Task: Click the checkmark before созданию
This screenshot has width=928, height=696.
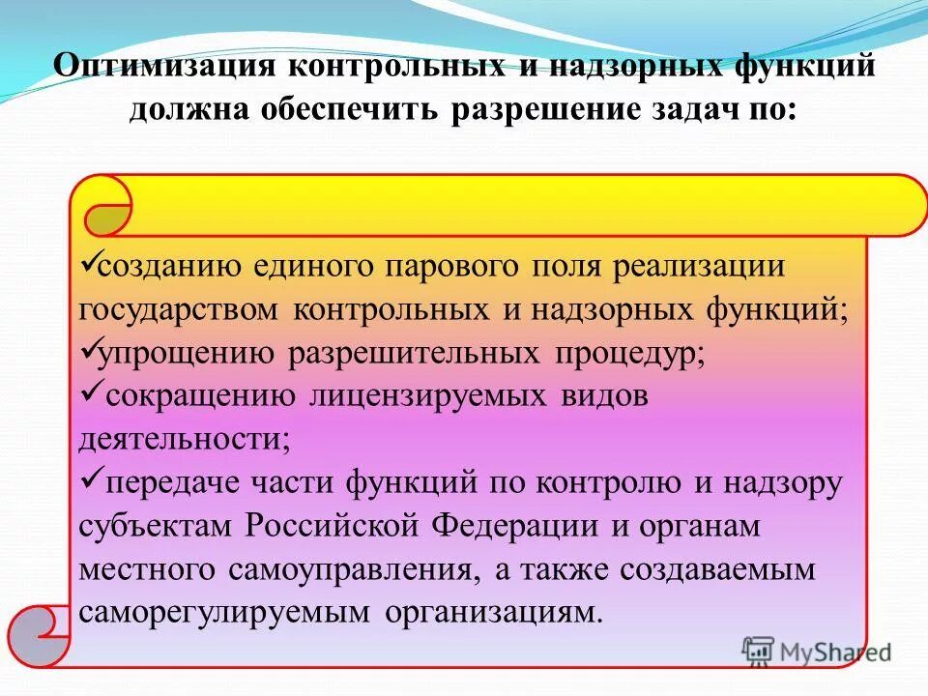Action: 84,261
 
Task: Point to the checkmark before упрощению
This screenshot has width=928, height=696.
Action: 84,348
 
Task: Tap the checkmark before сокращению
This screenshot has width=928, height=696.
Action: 86,392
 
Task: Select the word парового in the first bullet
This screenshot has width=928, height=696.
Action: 450,266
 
